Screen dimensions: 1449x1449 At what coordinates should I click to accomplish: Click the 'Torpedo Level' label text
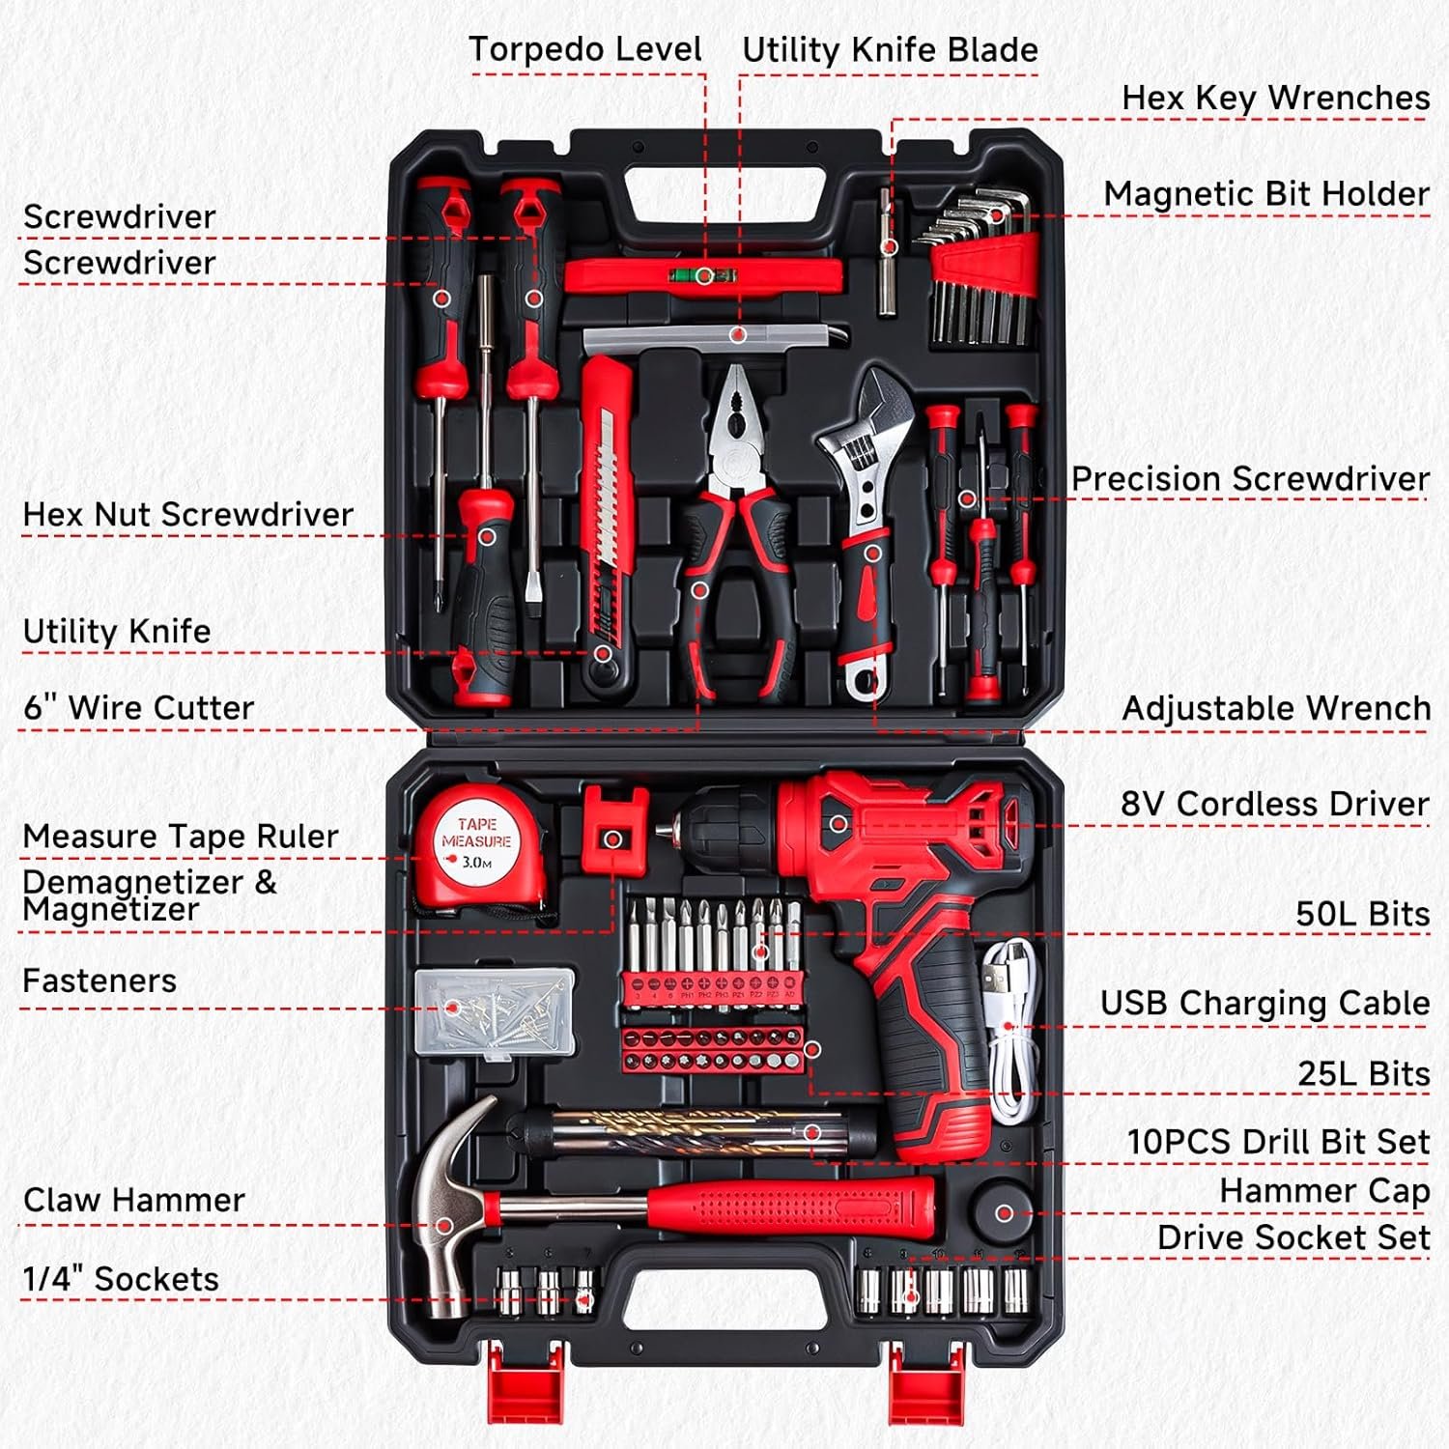(584, 49)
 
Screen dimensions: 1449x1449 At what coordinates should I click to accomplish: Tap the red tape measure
(476, 845)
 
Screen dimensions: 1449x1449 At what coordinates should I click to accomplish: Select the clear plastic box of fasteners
(495, 1013)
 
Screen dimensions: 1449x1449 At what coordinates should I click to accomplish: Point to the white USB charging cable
(1008, 1034)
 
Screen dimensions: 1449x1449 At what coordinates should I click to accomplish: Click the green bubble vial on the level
(704, 276)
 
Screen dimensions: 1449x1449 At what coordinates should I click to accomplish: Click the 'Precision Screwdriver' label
(1249, 479)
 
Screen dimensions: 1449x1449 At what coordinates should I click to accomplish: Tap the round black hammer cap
(1003, 1213)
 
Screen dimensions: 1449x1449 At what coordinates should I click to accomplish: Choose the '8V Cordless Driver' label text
(1274, 804)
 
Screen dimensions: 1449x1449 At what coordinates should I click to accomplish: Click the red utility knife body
(606, 502)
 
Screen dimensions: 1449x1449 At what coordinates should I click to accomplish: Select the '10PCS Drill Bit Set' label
(1277, 1142)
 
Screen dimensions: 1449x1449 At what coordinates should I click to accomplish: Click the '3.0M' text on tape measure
(476, 863)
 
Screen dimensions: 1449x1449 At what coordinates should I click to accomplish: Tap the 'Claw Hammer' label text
(133, 1200)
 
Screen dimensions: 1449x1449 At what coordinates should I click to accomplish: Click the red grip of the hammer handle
(792, 1207)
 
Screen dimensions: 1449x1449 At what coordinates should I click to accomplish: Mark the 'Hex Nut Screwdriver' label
(187, 515)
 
